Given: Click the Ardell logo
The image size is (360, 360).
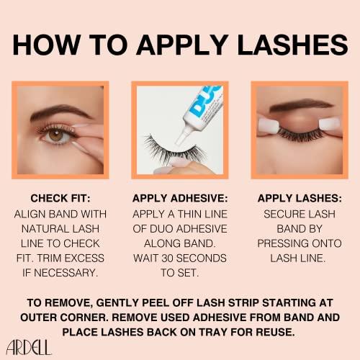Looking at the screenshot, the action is tap(29, 347).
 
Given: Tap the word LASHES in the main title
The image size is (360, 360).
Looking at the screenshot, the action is tap(292, 45).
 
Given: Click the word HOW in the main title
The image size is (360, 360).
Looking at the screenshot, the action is tap(47, 45).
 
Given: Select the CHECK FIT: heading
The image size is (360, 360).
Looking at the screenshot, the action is tap(60, 198).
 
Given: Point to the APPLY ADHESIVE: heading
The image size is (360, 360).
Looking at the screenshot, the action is tap(180, 198).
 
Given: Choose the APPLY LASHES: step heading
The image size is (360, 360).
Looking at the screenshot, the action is tap(300, 198).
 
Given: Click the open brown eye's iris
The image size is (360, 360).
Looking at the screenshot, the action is tap(55, 135).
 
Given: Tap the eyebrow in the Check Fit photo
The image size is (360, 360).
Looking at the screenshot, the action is tap(60, 112).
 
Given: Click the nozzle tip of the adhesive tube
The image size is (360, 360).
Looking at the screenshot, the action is tap(178, 142).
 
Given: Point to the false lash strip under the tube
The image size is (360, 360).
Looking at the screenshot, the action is tap(174, 150).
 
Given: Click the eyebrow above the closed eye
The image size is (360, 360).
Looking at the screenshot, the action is tap(301, 106).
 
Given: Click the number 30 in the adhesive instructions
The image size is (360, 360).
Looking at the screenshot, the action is tap(168, 258).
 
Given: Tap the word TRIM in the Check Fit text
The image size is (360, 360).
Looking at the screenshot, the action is tap(49, 258).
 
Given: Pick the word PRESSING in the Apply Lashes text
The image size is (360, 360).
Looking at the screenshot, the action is tap(282, 243).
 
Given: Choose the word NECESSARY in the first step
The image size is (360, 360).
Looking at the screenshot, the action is tap(66, 273).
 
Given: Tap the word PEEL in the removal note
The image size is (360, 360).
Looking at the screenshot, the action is tap(156, 302).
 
